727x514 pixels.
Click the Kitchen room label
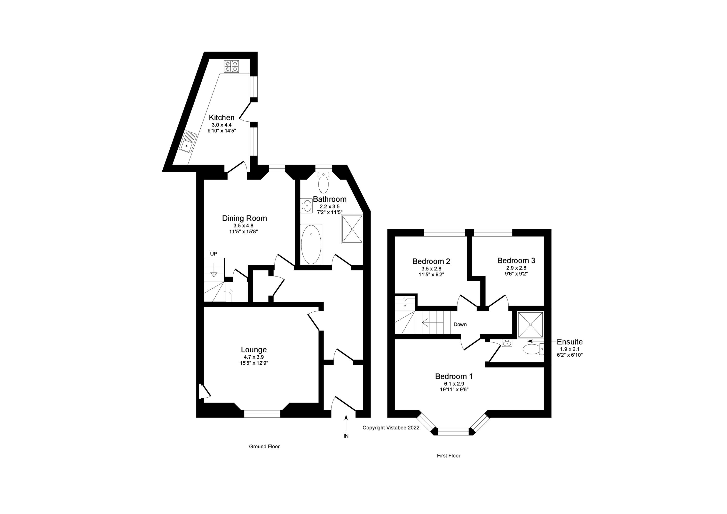(x=222, y=118)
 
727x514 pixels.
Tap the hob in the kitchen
(x=231, y=66)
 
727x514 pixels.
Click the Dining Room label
(x=245, y=218)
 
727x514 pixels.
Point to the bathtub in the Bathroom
(x=311, y=244)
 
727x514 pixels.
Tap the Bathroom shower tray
(x=352, y=229)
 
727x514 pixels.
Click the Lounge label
(x=254, y=350)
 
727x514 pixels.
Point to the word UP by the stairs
(x=214, y=254)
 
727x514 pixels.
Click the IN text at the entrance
(x=346, y=436)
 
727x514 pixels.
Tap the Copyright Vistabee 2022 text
(x=391, y=427)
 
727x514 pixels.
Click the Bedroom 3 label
(x=516, y=260)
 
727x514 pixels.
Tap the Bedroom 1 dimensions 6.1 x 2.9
(x=454, y=384)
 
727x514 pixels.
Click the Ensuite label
(x=570, y=342)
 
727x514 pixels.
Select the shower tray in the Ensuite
(x=530, y=325)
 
